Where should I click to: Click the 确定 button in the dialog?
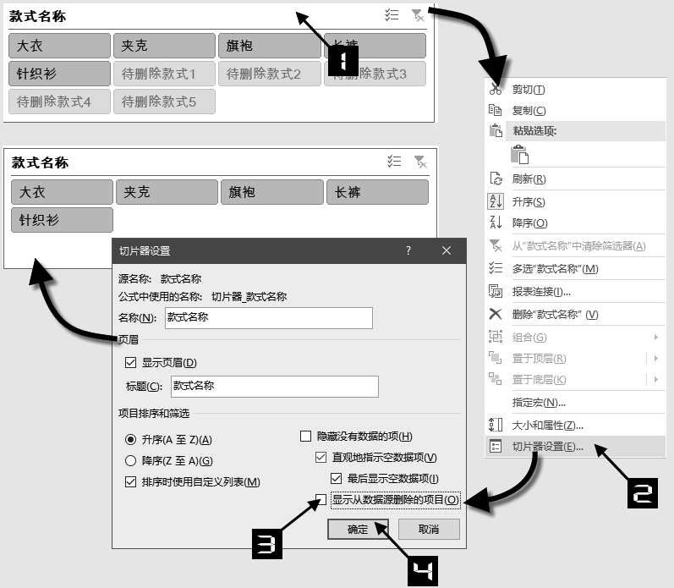[358, 530]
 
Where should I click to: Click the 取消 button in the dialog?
[429, 530]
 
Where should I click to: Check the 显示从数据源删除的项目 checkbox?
[321, 499]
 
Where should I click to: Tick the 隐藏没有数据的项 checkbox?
[306, 437]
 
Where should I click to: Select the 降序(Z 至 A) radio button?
[130, 461]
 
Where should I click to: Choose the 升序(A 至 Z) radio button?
[130, 440]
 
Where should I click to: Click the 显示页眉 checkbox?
[130, 363]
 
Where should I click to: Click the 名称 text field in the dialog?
[267, 317]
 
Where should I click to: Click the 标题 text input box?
[271, 386]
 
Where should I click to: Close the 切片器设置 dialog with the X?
[447, 250]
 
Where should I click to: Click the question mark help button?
[408, 250]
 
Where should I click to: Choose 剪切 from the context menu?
[529, 90]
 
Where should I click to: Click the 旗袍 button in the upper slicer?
[269, 46]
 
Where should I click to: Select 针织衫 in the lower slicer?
[62, 219]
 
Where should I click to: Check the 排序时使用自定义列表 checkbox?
[130, 482]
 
